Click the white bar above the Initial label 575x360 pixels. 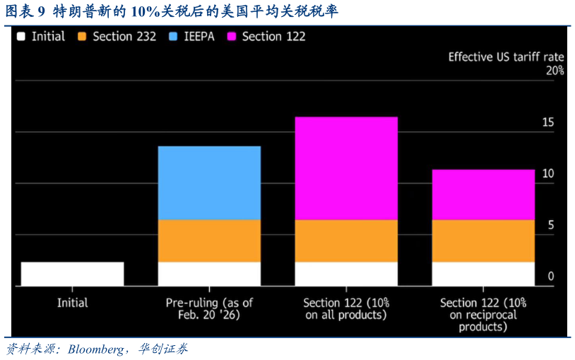pyautogui.click(x=72, y=274)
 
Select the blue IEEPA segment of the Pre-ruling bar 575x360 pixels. pyautogui.click(x=209, y=183)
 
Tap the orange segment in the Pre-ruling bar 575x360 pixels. pyautogui.click(x=209, y=241)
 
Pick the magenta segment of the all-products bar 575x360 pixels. pyautogui.click(x=346, y=168)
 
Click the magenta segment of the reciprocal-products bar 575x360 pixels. pyautogui.click(x=483, y=194)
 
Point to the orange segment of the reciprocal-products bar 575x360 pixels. pyautogui.click(x=483, y=241)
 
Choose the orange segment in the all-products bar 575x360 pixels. pyautogui.click(x=346, y=241)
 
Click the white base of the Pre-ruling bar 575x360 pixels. pyautogui.click(x=209, y=274)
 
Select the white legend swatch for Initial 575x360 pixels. pyautogui.click(x=22, y=37)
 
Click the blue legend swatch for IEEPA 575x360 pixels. pyautogui.click(x=175, y=37)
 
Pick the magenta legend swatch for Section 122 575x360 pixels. pyautogui.click(x=232, y=37)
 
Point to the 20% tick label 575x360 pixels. pyautogui.click(x=555, y=71)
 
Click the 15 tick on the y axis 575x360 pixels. pyautogui.click(x=548, y=123)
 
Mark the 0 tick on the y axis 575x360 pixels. pyautogui.click(x=551, y=277)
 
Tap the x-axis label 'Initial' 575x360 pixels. pyautogui.click(x=72, y=303)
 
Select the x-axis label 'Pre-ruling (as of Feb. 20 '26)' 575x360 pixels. pyautogui.click(x=209, y=308)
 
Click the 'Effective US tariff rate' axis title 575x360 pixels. pyautogui.click(x=506, y=56)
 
